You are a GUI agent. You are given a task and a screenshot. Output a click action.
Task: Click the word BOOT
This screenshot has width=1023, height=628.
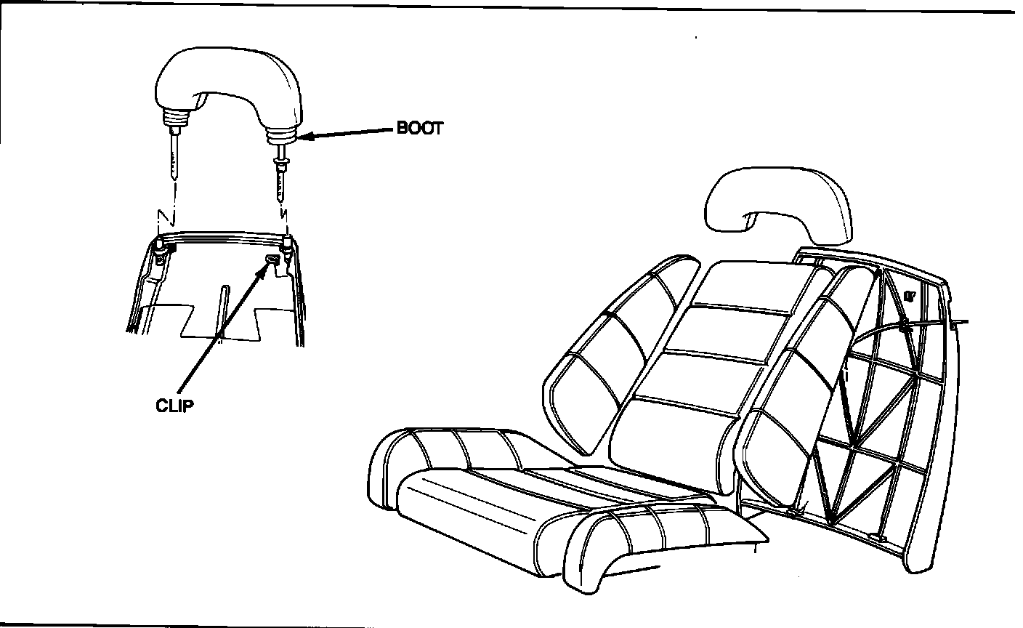[x=419, y=129]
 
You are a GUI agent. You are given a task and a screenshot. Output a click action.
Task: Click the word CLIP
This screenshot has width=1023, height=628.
[x=175, y=406]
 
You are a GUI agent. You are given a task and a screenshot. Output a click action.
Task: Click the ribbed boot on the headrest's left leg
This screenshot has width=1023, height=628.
[x=177, y=118]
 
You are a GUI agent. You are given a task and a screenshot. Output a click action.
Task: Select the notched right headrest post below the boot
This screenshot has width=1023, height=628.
[x=280, y=178]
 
